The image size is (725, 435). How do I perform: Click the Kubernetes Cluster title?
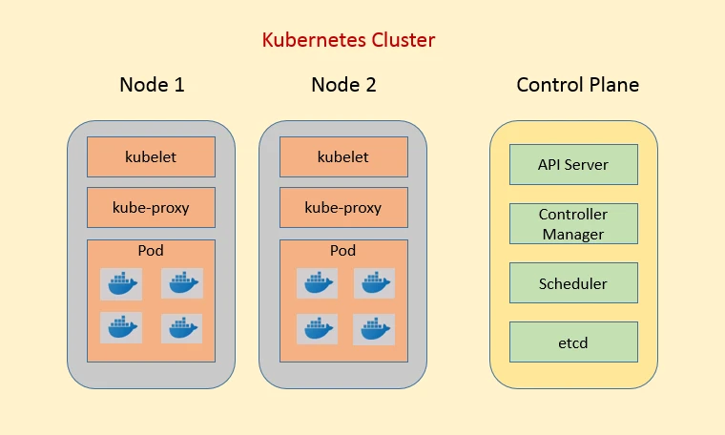348,40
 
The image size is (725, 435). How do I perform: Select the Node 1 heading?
151,84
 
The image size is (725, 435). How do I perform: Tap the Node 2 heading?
343,84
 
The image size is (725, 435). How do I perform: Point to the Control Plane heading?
577,84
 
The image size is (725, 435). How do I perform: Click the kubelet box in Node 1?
151,156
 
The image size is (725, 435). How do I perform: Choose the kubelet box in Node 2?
343,156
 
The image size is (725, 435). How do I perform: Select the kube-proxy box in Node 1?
151,207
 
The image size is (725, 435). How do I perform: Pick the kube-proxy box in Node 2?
343,207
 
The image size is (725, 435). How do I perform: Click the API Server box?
573,164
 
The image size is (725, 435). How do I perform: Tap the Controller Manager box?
573,223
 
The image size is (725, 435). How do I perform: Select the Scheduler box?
573,283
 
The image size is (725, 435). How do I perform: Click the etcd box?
573,342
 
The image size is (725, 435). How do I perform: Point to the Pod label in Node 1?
151,250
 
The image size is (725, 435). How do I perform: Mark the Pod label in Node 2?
343,250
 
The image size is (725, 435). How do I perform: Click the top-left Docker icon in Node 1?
121,283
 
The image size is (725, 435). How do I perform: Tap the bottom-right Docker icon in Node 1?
181,328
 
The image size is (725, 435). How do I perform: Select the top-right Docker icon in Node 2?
374,283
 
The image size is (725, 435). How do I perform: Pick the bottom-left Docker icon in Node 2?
316,328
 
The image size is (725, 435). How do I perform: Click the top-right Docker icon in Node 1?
181,283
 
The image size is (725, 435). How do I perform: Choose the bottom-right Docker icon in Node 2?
374,328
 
